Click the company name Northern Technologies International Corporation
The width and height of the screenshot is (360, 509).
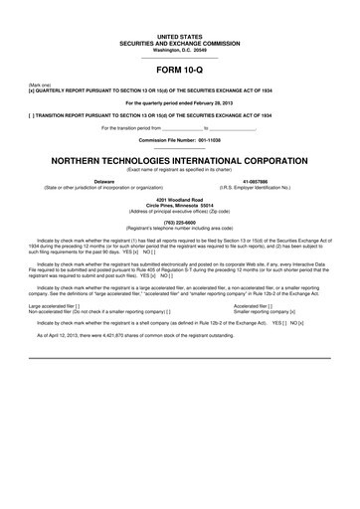point(179,160)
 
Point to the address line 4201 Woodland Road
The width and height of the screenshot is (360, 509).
point(179,199)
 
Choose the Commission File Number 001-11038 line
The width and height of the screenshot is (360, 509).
point(179,140)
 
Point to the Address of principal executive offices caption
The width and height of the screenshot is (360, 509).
point(179,210)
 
